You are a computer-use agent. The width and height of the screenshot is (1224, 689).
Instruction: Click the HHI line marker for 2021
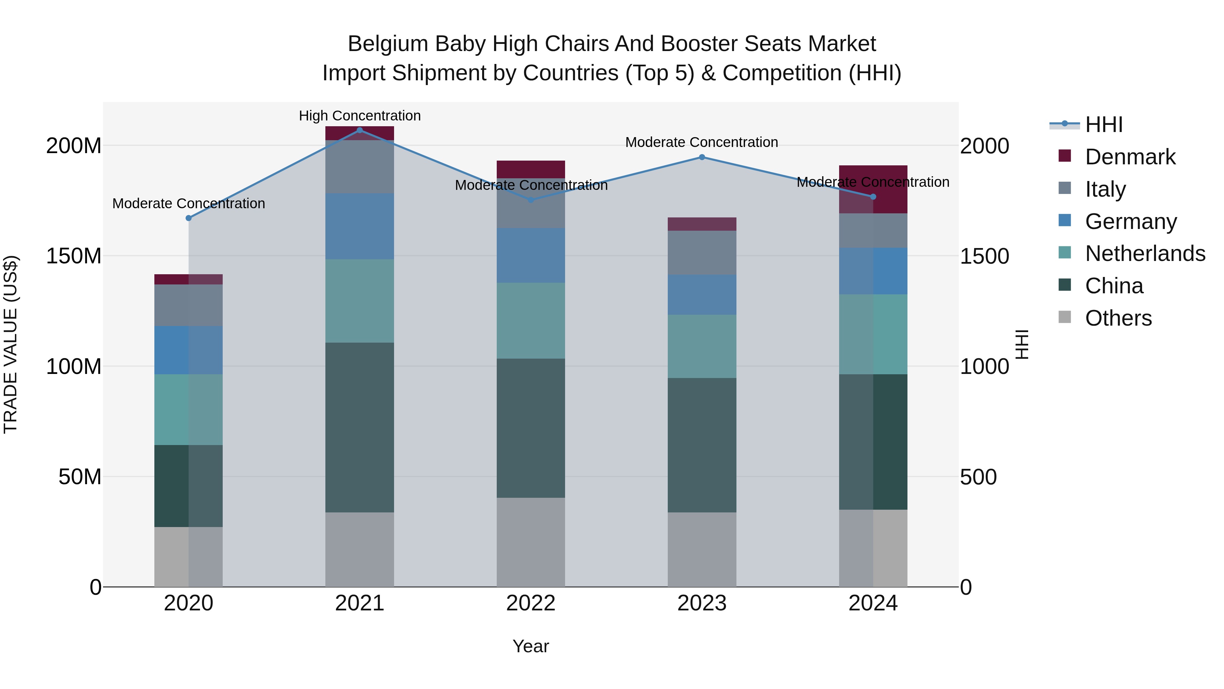click(x=360, y=130)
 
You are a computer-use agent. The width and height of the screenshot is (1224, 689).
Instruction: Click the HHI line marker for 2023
click(x=702, y=158)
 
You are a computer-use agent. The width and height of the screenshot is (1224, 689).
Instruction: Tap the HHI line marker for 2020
click(x=189, y=218)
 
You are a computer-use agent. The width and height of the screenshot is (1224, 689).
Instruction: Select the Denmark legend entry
click(x=1130, y=157)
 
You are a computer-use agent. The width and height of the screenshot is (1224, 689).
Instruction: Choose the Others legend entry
click(x=1118, y=318)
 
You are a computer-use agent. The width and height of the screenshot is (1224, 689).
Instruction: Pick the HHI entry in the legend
click(x=1104, y=125)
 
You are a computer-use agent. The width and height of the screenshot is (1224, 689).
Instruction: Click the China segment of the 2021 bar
click(x=360, y=427)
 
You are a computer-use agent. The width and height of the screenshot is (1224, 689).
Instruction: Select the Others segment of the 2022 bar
click(x=531, y=542)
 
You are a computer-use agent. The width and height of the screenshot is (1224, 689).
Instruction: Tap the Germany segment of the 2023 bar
click(x=702, y=295)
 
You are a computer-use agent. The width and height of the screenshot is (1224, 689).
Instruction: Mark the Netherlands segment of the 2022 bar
click(x=531, y=321)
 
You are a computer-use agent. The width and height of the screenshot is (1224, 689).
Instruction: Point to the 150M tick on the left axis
click(x=74, y=256)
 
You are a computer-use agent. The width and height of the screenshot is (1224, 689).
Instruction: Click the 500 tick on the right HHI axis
click(x=978, y=477)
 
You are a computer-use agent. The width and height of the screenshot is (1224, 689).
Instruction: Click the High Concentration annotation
click(x=360, y=116)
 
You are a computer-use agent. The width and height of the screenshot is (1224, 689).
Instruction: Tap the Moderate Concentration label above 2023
click(x=701, y=142)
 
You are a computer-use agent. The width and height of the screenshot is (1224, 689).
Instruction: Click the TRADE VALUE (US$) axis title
click(x=11, y=344)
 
